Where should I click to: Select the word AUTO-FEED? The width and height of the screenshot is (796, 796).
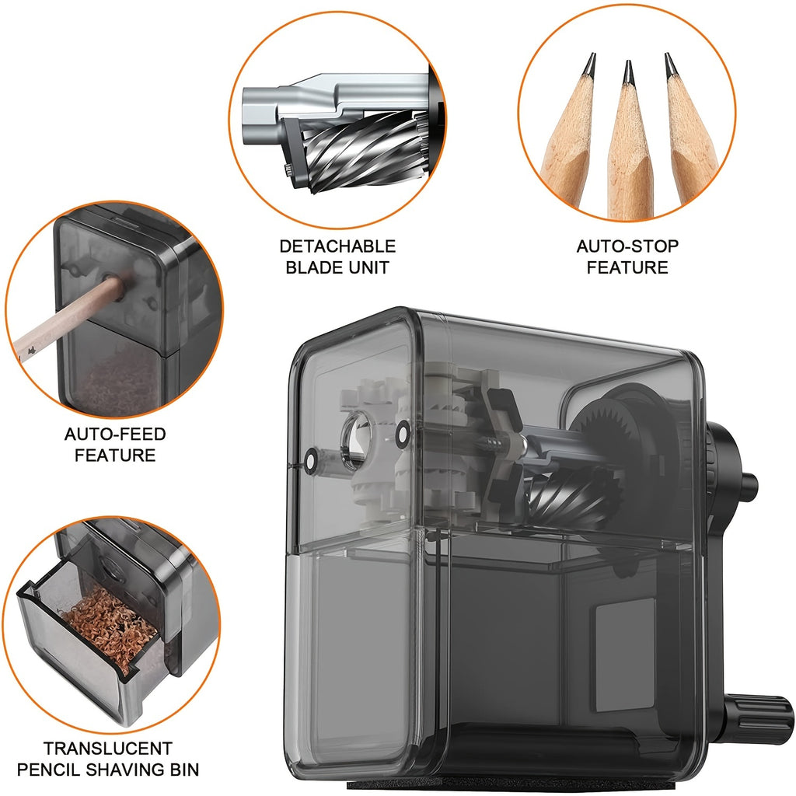(115, 434)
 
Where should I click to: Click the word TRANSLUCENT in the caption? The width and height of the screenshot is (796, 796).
(107, 749)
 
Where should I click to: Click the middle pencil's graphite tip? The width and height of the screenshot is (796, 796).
(627, 72)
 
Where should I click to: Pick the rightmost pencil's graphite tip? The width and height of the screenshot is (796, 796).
(669, 65)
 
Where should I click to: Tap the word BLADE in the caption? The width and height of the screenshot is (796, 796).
(312, 267)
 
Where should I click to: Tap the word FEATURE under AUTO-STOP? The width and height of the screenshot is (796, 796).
(627, 267)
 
